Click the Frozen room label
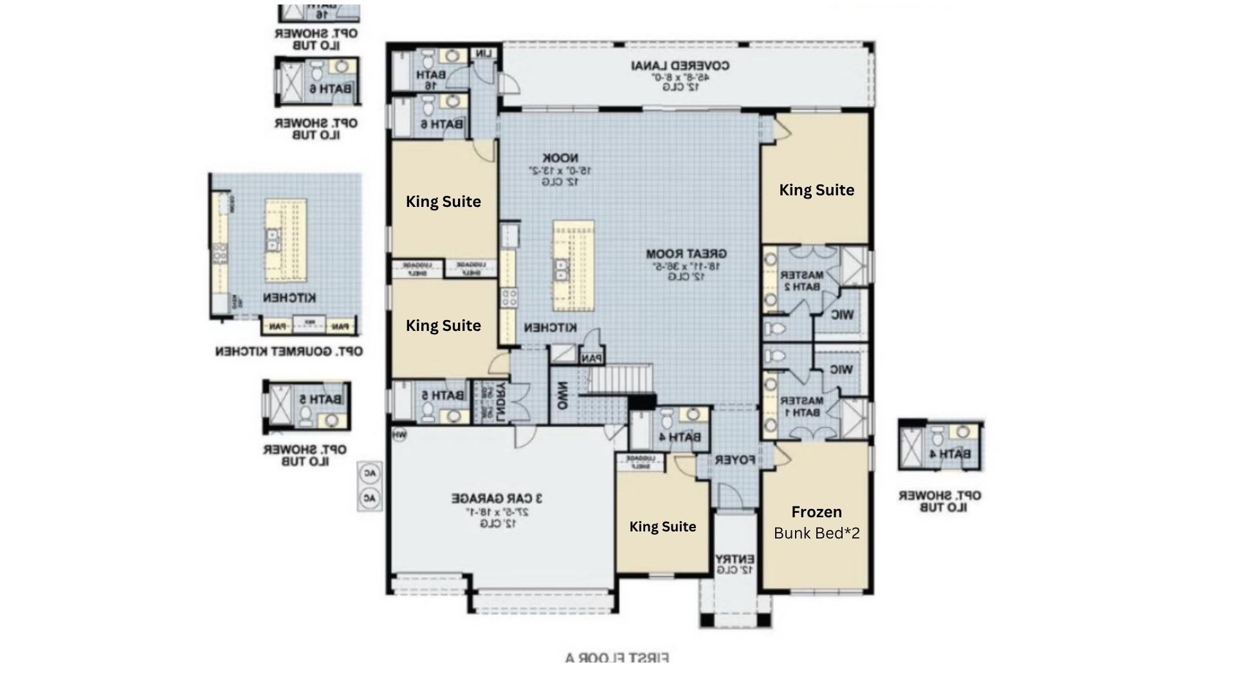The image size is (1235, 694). (816, 512)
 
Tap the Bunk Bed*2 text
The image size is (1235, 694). (816, 533)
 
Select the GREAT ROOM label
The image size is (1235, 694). (686, 254)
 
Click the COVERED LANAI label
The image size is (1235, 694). (681, 66)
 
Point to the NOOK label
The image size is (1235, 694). (560, 158)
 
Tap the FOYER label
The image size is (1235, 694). (735, 460)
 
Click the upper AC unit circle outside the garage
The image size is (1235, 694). (370, 474)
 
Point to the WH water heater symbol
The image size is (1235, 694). (399, 435)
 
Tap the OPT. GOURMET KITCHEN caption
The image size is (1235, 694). (289, 351)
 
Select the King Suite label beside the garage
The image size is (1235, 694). (663, 527)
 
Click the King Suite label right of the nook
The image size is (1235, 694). (816, 190)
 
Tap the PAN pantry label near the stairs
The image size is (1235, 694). (591, 359)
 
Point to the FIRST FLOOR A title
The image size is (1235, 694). (617, 658)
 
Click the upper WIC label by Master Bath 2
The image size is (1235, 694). (842, 315)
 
